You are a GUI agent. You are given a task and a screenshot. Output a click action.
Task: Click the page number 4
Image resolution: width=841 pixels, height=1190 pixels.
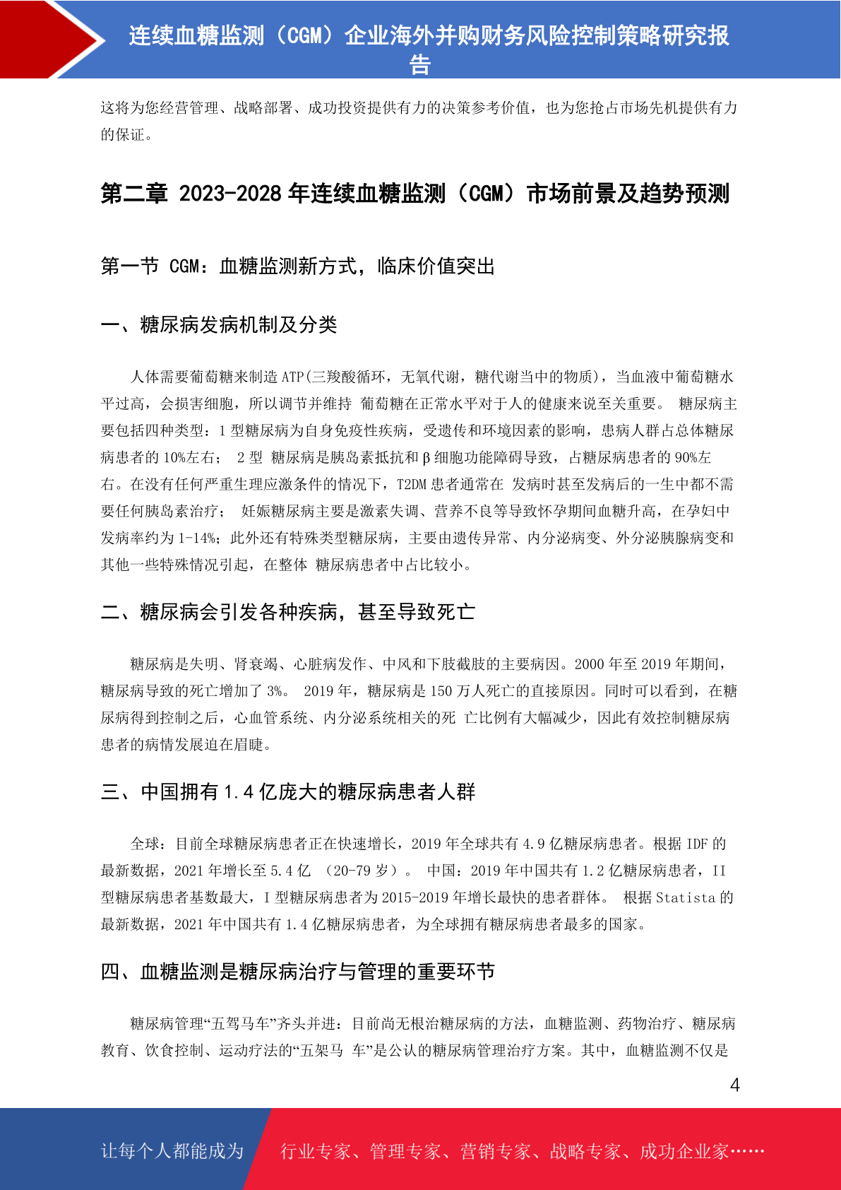pyautogui.click(x=734, y=1085)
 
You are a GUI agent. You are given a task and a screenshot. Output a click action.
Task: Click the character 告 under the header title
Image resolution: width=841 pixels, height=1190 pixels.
pyautogui.click(x=420, y=65)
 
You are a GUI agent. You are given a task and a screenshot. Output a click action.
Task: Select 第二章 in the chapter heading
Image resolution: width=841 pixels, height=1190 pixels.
pyautogui.click(x=134, y=194)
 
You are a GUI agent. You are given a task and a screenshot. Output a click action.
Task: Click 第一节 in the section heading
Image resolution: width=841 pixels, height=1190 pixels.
pyautogui.click(x=130, y=266)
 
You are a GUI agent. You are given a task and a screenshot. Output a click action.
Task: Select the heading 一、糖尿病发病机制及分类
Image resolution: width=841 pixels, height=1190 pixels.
pyautogui.click(x=219, y=325)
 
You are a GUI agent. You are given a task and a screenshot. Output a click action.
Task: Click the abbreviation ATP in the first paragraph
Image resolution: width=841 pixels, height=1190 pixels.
pyautogui.click(x=292, y=377)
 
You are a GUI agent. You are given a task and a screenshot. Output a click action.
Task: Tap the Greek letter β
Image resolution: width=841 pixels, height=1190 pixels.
pyautogui.click(x=426, y=458)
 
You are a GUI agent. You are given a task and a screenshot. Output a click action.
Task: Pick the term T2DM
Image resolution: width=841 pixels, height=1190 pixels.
pyautogui.click(x=412, y=485)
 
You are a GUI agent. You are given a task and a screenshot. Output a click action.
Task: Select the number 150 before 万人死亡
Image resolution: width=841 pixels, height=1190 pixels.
pyautogui.click(x=441, y=691)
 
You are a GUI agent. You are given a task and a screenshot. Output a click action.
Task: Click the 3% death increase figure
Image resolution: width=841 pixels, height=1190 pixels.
pyautogui.click(x=276, y=691)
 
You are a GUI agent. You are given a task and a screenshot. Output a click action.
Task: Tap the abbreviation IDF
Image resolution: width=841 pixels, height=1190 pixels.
pyautogui.click(x=697, y=844)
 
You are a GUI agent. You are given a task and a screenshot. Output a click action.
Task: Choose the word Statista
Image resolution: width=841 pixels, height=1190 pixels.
pyautogui.click(x=686, y=897)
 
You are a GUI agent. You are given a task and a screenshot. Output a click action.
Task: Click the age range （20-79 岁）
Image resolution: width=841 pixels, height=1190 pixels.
pyautogui.click(x=360, y=871)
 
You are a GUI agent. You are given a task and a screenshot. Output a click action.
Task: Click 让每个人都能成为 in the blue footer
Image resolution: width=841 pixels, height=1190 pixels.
pyautogui.click(x=172, y=1151)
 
